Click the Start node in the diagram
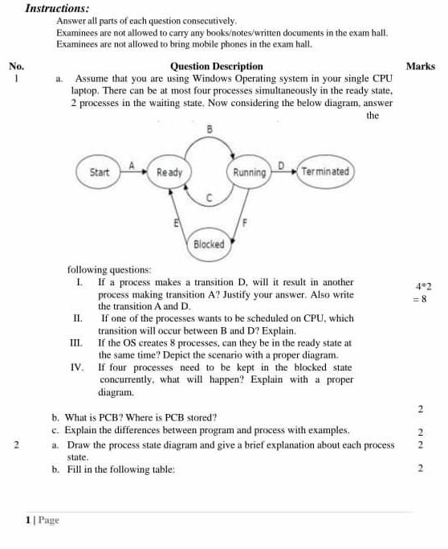coord(100,172)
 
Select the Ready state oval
coord(169,172)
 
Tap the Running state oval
coord(250,172)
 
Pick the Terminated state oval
coord(325,172)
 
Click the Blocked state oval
coord(209,244)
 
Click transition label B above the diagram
coord(210,129)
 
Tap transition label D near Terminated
coord(281,164)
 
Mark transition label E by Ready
coord(177,222)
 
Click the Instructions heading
coord(58,8)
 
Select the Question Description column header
coord(216,67)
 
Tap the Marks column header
coord(421,67)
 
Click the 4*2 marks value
coord(424,286)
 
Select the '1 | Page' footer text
coord(43,520)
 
